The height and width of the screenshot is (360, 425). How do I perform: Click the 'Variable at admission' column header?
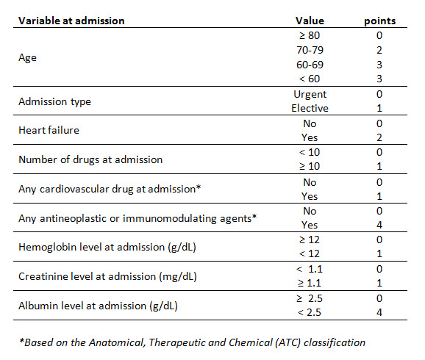71,21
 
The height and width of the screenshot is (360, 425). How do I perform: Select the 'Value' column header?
310,21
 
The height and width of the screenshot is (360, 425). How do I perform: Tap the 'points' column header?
379,21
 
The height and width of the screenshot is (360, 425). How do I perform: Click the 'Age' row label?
27,58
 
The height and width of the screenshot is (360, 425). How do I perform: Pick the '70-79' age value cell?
310,50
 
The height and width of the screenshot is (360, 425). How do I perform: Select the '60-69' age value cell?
310,65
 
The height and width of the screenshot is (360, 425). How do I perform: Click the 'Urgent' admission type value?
310,95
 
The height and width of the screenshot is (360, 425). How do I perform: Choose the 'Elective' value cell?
310,108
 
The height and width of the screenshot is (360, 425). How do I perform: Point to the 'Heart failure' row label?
49,130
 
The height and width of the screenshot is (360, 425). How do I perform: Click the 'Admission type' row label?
54,102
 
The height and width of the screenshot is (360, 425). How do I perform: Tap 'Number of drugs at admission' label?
90,160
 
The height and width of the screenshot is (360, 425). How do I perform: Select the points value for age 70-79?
379,50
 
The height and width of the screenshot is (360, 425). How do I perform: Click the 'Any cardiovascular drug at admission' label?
110,189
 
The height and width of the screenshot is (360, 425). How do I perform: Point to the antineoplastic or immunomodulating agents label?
137,219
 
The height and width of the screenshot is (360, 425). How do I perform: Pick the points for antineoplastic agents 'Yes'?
379,225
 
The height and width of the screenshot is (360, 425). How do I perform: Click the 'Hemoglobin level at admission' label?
107,248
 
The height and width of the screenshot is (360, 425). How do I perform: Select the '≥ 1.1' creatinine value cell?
310,284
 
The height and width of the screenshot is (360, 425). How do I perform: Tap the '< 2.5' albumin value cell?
310,312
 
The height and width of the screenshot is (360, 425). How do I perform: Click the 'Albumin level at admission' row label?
98,306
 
